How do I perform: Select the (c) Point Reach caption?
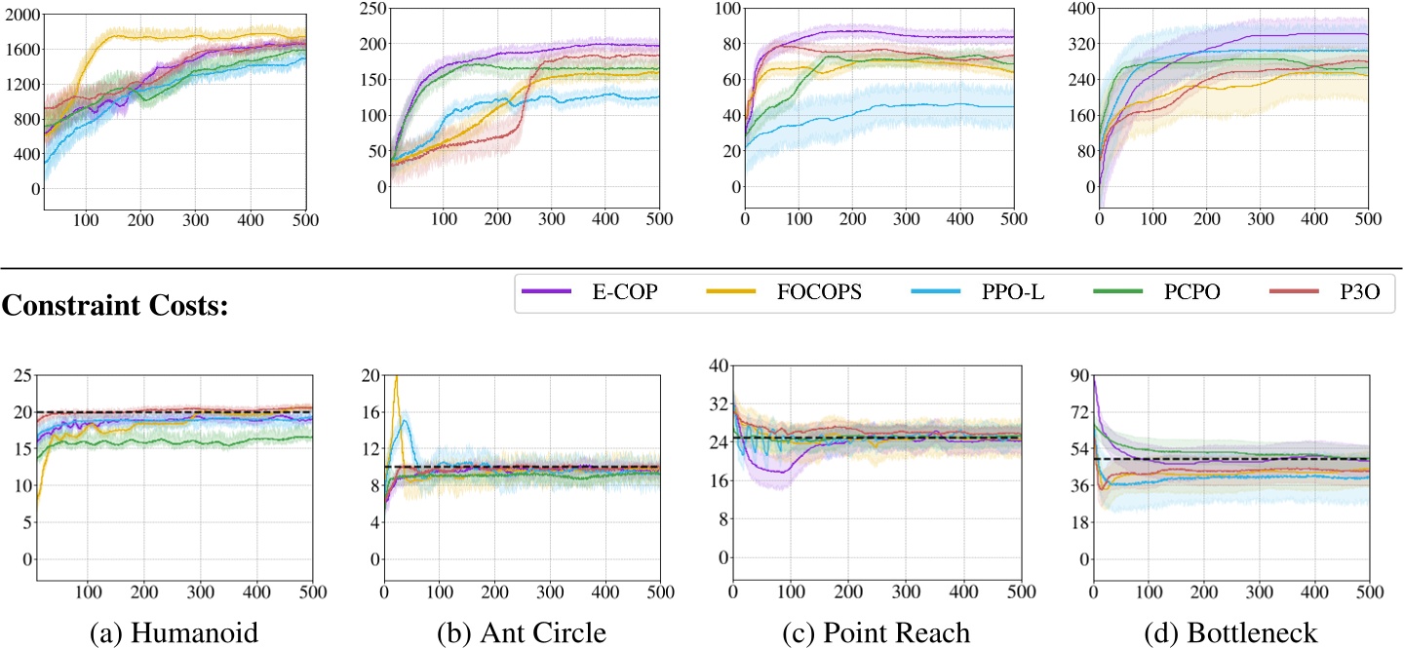pyautogui.click(x=877, y=632)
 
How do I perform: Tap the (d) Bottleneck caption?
pyautogui.click(x=1231, y=632)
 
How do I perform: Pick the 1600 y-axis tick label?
pyautogui.click(x=20, y=50)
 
